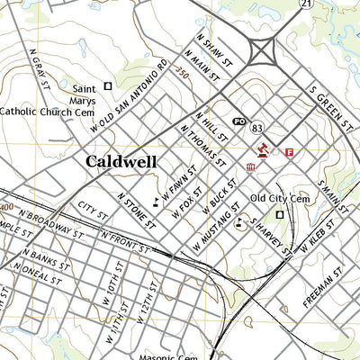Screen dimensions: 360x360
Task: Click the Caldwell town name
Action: pos(121,162)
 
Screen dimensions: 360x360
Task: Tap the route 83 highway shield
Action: pos(257,127)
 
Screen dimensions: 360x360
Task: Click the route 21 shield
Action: pos(306,4)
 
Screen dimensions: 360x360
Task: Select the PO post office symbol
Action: pos(239,121)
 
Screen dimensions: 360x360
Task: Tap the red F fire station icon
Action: pos(289,153)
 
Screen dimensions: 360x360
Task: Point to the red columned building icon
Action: pos(251,167)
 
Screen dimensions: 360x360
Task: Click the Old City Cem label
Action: pos(279,198)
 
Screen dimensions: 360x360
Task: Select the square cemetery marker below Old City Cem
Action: pos(279,215)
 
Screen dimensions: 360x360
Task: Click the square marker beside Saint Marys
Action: pos(108,86)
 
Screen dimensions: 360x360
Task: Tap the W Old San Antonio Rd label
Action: pos(130,97)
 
